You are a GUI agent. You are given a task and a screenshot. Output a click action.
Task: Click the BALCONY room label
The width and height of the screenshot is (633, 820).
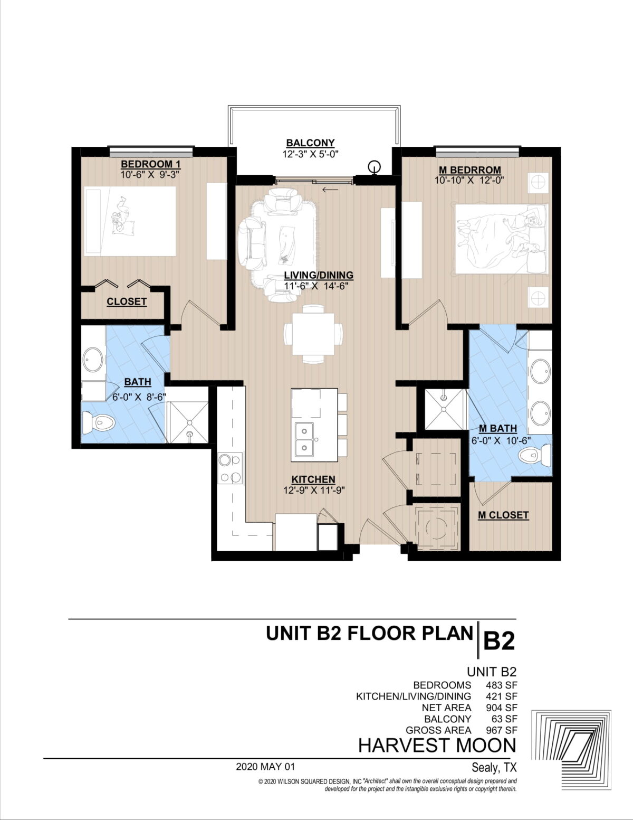tap(310, 143)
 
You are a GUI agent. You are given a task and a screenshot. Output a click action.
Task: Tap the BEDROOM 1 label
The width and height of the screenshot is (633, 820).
tap(150, 164)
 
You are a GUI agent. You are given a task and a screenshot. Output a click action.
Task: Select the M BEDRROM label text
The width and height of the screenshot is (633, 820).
tap(469, 170)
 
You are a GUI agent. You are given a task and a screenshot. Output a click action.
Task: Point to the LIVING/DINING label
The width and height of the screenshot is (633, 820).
tap(318, 275)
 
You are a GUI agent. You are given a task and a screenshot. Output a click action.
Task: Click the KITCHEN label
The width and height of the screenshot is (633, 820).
tap(313, 479)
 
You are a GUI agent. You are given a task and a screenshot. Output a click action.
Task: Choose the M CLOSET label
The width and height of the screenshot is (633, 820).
tap(503, 515)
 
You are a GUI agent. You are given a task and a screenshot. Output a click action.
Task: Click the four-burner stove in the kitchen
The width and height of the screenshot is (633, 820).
tap(231, 468)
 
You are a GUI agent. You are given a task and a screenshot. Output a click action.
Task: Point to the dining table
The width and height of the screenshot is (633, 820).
tap(313, 334)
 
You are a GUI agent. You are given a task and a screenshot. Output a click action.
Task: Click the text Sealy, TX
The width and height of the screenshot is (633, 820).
tap(494, 767)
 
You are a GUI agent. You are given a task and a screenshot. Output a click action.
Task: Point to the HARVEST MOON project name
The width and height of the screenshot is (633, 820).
tap(437, 746)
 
